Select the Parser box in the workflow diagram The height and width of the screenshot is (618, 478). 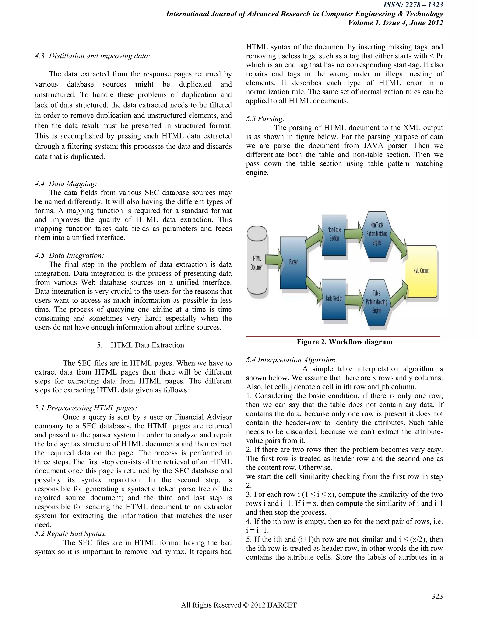tap(293, 263)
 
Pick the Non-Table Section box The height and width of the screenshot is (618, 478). tap(334, 235)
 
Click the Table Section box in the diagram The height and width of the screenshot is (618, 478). tap(334, 299)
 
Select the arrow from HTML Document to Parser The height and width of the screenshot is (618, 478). tap(274, 260)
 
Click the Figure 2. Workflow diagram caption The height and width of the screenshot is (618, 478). tap(344, 342)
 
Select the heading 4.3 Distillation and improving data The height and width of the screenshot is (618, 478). tap(93, 56)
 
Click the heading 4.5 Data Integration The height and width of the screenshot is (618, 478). tap(69, 256)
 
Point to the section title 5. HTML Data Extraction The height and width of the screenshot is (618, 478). tap(141, 345)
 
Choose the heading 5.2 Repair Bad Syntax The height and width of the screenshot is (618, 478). tap(71, 534)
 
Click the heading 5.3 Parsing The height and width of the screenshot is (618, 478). tap(265, 118)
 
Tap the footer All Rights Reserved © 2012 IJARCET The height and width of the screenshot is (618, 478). tap(239, 605)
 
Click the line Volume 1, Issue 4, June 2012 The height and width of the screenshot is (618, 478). tap(395, 23)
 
